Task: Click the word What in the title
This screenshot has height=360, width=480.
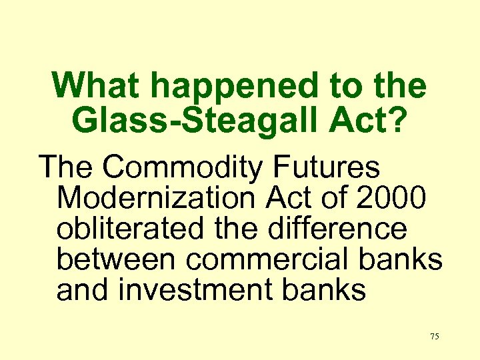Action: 98,86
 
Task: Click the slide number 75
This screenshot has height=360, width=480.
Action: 434,337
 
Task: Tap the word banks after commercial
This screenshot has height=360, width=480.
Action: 405,259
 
